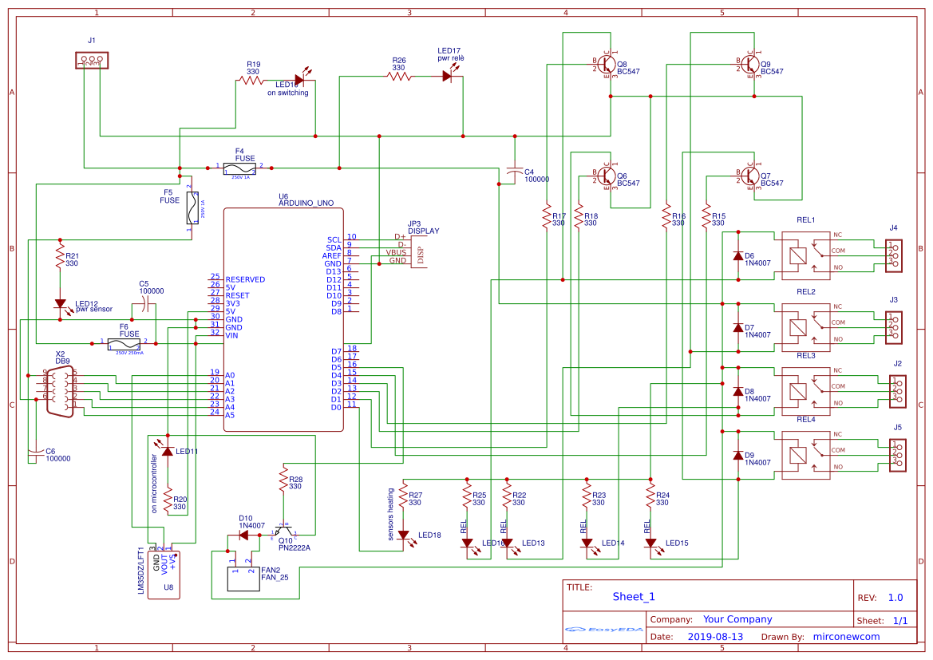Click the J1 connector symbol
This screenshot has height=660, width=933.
91,60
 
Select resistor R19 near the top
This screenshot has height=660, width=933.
251,80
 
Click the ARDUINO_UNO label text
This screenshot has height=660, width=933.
306,204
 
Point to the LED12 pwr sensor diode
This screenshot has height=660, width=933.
60,304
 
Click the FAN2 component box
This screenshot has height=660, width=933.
244,580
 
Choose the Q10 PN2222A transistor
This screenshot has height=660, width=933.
283,531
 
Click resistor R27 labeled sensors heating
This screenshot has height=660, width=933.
404,498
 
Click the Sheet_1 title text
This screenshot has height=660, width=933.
633,596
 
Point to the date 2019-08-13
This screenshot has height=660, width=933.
714,637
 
